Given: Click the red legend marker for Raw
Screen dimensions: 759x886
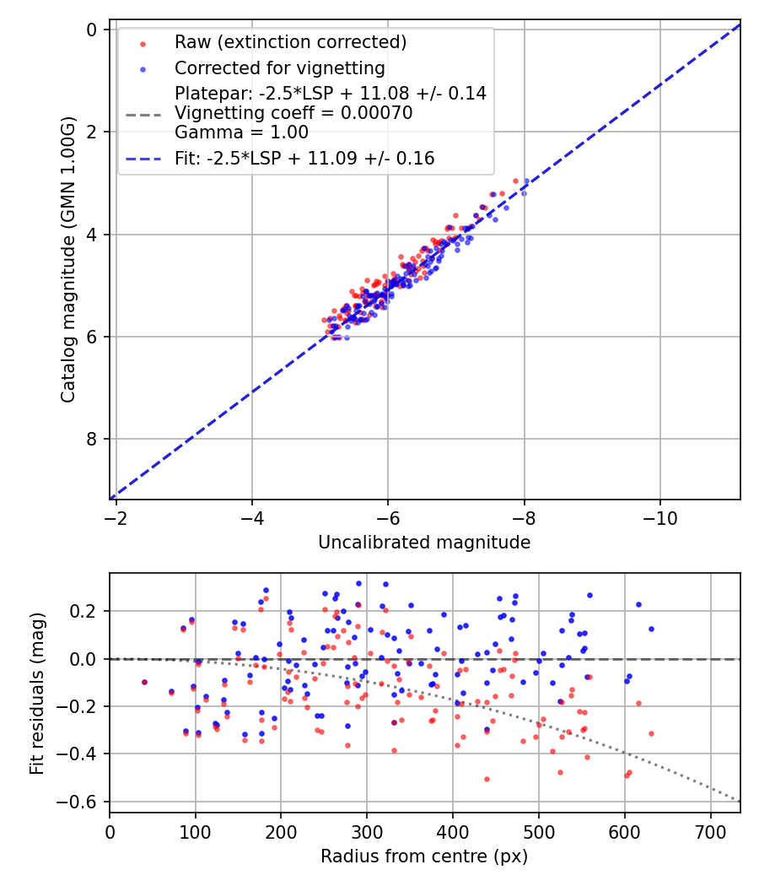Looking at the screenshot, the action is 143,44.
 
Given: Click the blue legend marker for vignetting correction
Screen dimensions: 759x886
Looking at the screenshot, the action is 143,69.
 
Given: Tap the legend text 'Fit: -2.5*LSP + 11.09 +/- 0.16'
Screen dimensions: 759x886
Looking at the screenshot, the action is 304,159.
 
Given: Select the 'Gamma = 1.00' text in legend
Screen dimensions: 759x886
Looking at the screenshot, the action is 241,132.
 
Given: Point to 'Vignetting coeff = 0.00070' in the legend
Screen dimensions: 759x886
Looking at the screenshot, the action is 293,113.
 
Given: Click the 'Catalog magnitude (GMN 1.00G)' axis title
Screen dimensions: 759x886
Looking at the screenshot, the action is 67,259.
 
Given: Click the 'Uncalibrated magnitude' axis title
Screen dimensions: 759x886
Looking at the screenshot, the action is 424,543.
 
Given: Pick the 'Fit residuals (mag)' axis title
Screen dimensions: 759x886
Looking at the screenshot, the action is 37,694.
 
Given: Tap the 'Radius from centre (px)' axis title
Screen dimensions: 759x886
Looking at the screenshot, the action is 424,856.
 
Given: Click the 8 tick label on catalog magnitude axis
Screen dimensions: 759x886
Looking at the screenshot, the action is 91,439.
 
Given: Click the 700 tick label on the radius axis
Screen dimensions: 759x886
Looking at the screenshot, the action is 710,832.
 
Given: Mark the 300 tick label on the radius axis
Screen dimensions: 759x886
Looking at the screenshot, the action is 367,832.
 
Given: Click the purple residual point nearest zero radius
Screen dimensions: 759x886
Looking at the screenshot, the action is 144,682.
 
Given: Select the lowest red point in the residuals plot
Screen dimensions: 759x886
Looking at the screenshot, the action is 487,779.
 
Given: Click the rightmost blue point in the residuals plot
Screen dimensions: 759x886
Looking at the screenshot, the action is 651,629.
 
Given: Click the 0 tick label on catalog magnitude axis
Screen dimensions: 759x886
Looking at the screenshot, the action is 91,30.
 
